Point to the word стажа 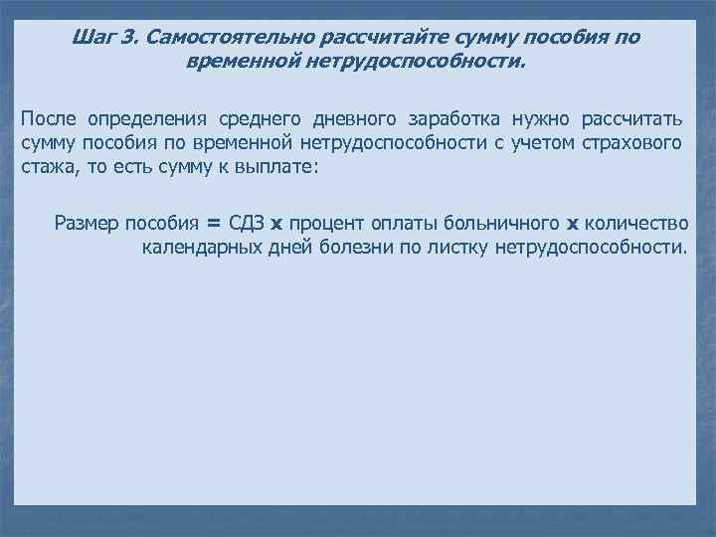coord(46,167)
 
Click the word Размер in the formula coord(87,223)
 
